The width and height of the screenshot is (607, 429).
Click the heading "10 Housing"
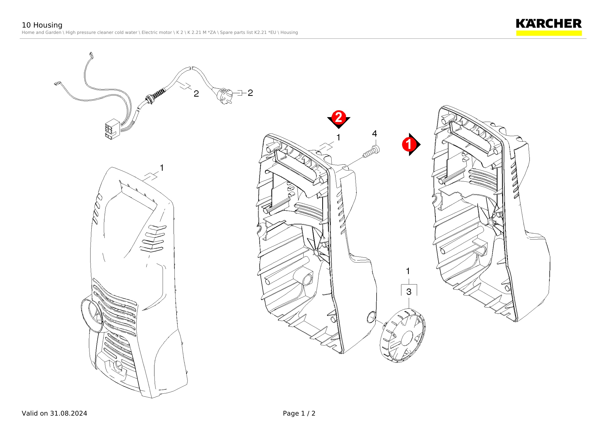tap(42, 25)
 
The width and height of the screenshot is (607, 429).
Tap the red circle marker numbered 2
tap(339, 117)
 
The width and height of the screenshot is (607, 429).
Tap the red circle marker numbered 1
tap(409, 145)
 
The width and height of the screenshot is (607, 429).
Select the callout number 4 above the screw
tap(374, 134)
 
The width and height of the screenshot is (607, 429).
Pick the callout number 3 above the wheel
tap(409, 292)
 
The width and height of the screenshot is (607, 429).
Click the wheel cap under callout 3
tap(402, 336)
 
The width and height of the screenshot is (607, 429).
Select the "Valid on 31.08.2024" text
tap(54, 413)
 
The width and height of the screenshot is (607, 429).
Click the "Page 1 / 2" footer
tap(299, 413)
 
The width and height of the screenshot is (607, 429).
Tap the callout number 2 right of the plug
tap(250, 93)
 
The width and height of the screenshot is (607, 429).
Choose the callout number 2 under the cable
tap(196, 94)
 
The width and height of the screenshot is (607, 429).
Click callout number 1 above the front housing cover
tap(162, 168)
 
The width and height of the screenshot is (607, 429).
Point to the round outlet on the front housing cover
tap(92, 315)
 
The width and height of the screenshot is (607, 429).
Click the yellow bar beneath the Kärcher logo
tap(549, 33)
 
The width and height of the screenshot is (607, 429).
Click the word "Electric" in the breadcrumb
tap(149, 33)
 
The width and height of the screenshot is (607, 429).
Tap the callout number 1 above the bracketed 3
tap(408, 271)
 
